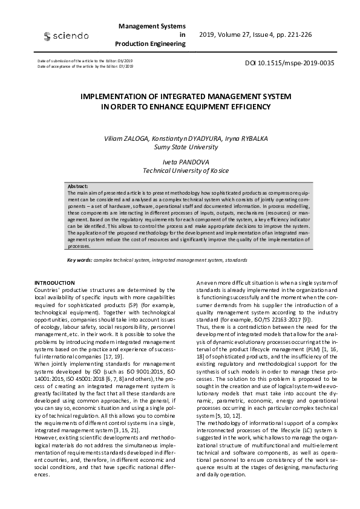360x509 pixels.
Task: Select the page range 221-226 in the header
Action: pyautogui.click(x=299, y=35)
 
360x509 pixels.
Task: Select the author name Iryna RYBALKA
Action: pyautogui.click(x=234, y=138)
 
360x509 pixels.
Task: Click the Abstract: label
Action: pyautogui.click(x=78, y=187)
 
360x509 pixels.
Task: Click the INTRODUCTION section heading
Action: pyautogui.click(x=54, y=283)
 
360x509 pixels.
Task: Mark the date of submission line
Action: pyautogui.click(x=85, y=62)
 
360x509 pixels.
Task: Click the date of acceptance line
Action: pyautogui.click(x=85, y=66)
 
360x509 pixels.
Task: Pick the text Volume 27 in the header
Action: pyautogui.click(x=237, y=35)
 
